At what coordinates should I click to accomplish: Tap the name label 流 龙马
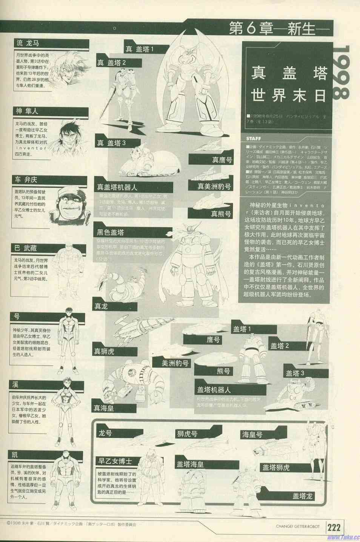click(x=28, y=43)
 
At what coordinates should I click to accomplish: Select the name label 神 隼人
click(x=27, y=111)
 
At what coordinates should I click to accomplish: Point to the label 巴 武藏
click(x=26, y=248)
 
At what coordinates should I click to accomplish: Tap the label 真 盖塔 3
click(x=111, y=143)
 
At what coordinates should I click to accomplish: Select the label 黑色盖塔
click(x=110, y=232)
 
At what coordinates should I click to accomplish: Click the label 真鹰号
click(x=222, y=160)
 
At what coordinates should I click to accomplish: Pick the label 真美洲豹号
click(x=214, y=187)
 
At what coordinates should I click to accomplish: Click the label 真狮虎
click(x=104, y=351)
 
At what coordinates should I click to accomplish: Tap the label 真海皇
click(x=104, y=408)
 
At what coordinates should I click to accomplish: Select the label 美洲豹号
click(x=175, y=363)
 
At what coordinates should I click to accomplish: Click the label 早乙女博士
click(x=115, y=461)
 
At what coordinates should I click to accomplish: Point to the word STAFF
click(x=254, y=139)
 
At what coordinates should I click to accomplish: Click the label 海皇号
click(x=252, y=435)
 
